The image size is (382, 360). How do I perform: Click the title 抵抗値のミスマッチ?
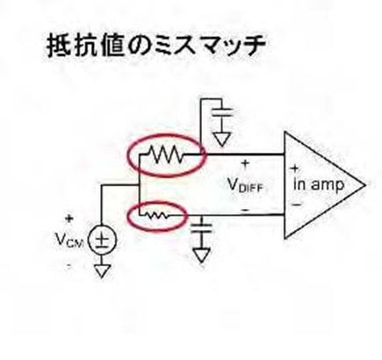[156, 46]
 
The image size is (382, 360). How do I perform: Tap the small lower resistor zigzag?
[156, 215]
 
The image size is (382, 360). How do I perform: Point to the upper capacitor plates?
[221, 112]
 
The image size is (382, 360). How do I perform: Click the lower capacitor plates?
[201, 227]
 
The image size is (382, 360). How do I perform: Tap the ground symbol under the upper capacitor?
[221, 139]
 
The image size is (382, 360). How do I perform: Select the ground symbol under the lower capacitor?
[201, 256]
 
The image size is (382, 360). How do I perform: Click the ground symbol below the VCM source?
[101, 271]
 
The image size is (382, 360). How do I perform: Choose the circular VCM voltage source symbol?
[102, 241]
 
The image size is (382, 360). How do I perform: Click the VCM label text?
[69, 240]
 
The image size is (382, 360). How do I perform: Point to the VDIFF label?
[245, 185]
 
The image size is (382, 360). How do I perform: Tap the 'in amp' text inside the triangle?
[319, 185]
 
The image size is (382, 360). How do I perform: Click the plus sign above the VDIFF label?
[245, 163]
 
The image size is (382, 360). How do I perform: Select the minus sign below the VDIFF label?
[245, 210]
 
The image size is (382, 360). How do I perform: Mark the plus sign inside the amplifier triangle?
[294, 169]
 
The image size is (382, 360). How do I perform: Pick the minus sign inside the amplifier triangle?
[297, 204]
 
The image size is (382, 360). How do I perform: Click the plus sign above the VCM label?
[69, 219]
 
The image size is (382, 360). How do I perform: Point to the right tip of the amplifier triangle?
[366, 185]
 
